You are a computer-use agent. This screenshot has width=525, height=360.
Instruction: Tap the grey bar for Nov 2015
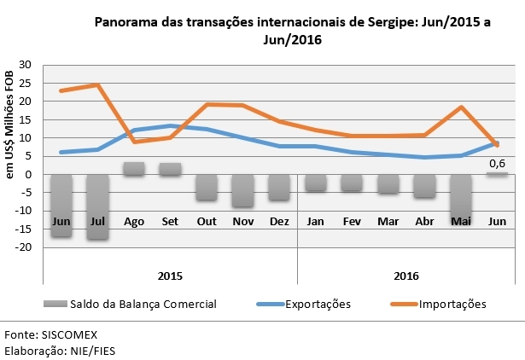pyautogui.click(x=243, y=190)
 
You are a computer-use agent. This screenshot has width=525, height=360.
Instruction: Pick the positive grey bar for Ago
pyautogui.click(x=134, y=169)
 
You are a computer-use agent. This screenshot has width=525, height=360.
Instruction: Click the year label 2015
pyautogui.click(x=171, y=276)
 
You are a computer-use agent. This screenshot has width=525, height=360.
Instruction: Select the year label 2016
pyautogui.click(x=406, y=276)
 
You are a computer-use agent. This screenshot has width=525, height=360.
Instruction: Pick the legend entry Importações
pyautogui.click(x=453, y=304)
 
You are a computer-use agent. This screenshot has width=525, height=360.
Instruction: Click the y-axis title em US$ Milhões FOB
pyautogui.click(x=10, y=125)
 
